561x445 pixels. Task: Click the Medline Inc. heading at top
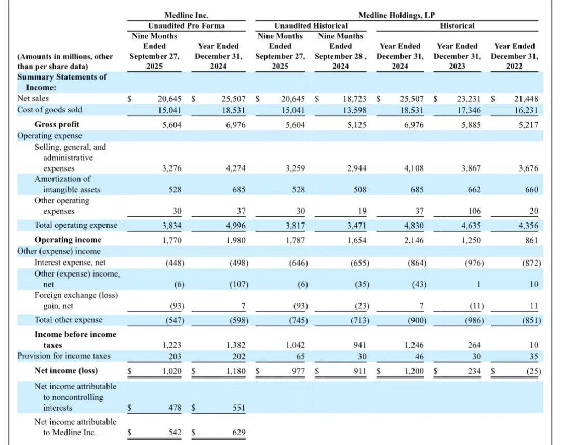pyautogui.click(x=186, y=16)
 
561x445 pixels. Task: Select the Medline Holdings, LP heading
pyautogui.click(x=397, y=16)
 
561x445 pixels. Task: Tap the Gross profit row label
pyautogui.click(x=57, y=124)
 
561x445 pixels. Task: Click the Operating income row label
pyautogui.click(x=68, y=240)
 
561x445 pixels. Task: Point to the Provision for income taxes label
pyautogui.click(x=64, y=356)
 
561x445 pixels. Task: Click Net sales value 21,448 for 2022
pyautogui.click(x=526, y=98)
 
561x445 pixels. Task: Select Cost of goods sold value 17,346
pyautogui.click(x=469, y=110)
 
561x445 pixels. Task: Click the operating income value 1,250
pyautogui.click(x=471, y=240)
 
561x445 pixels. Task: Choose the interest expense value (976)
pyautogui.click(x=473, y=263)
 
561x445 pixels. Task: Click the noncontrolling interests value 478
pyautogui.click(x=175, y=408)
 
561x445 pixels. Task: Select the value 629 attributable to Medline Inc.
pyautogui.click(x=238, y=433)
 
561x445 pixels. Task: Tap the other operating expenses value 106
pyautogui.click(x=474, y=211)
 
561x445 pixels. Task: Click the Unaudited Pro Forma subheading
pyautogui.click(x=186, y=25)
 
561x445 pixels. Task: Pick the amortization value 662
pyautogui.click(x=474, y=190)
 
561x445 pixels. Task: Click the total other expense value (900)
pyautogui.click(x=417, y=320)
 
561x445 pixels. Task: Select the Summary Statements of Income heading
pyautogui.click(x=62, y=82)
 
